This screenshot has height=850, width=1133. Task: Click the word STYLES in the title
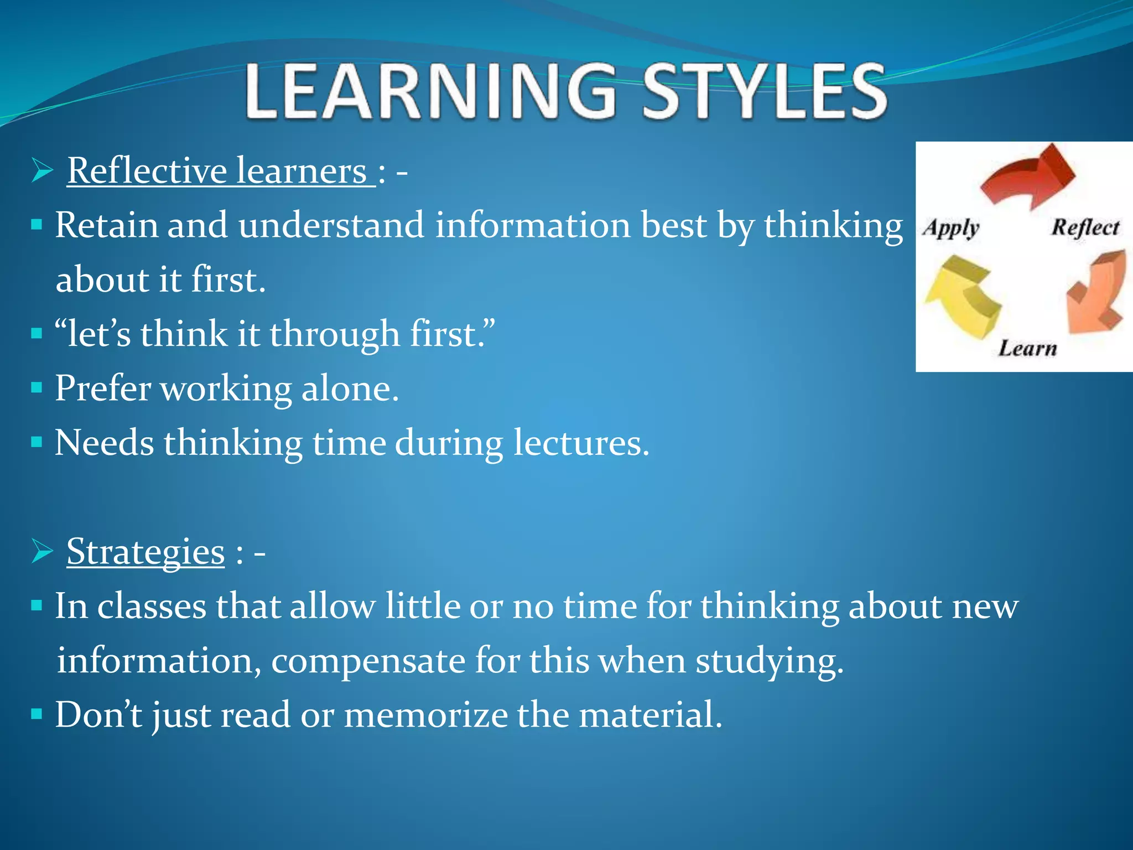pos(764,92)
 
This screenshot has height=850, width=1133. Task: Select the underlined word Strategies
pos(145,551)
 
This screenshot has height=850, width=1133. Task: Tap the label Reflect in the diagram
pos(1085,227)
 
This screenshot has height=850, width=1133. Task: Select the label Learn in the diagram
pos(1027,349)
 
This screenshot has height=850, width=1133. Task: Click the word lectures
pos(580,443)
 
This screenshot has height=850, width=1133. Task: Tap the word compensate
pos(368,661)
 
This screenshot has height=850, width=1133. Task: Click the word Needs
pos(104,443)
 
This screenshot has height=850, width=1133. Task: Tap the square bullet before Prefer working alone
pos(37,387)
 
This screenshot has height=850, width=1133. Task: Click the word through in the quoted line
pos(334,334)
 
